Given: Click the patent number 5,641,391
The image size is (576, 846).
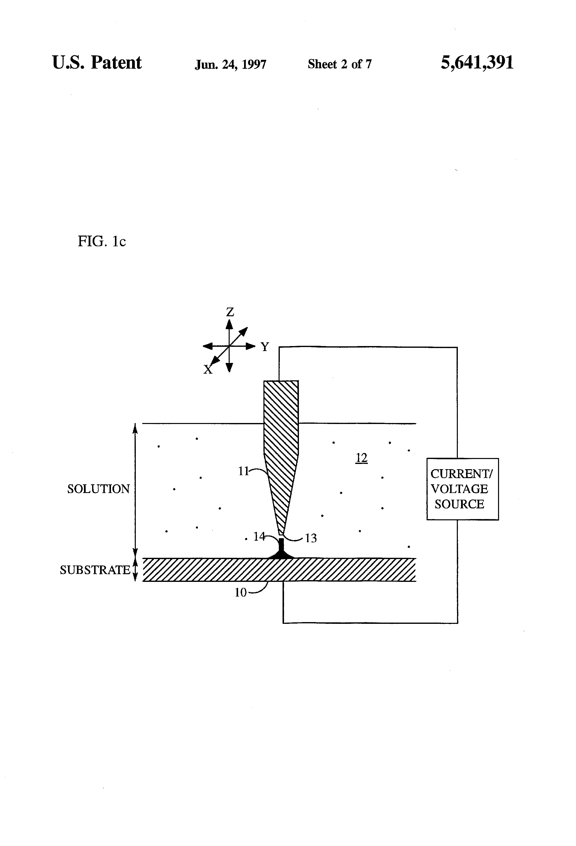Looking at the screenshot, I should [477, 63].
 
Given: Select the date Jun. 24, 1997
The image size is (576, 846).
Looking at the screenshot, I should [230, 65].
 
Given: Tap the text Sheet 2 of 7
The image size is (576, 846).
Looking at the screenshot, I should [339, 64].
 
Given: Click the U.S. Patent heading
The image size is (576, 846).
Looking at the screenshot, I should [97, 63].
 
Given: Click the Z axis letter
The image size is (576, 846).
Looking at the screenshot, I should [230, 312].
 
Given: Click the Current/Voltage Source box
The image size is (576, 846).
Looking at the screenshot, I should [462, 489].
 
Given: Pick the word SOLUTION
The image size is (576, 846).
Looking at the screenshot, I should [98, 489].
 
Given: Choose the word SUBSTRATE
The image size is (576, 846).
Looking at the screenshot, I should [95, 570].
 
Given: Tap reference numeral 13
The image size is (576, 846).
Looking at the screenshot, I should [311, 538].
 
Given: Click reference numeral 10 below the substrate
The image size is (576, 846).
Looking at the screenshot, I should [240, 593].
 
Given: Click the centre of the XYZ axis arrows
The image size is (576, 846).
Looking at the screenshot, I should [229, 346].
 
